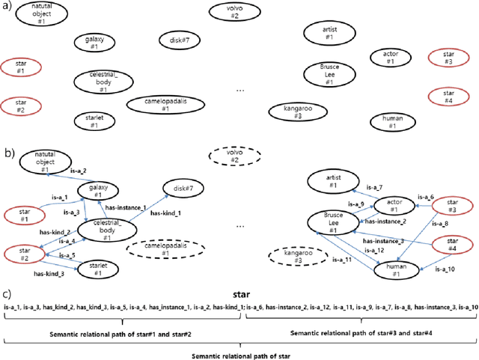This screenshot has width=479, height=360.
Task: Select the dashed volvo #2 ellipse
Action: click(x=234, y=156)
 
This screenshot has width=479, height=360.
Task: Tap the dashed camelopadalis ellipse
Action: click(x=158, y=249)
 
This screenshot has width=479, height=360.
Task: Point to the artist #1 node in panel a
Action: click(x=326, y=32)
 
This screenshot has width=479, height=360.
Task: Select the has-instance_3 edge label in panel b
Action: click(x=383, y=241)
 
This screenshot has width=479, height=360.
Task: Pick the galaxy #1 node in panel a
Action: click(x=94, y=43)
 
